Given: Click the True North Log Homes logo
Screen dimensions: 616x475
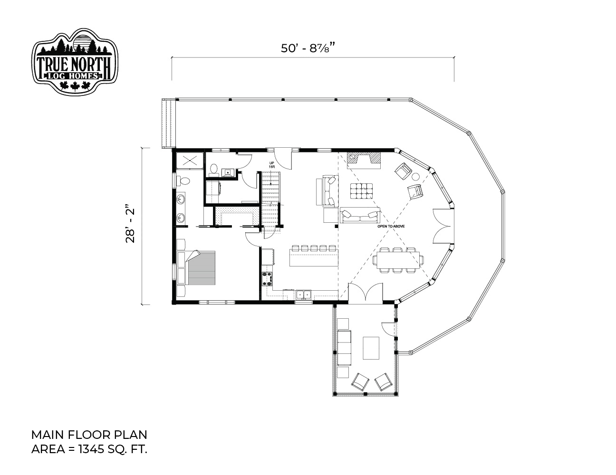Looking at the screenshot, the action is pyautogui.click(x=75, y=61).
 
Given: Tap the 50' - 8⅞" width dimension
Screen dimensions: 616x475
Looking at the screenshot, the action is pyautogui.click(x=308, y=48).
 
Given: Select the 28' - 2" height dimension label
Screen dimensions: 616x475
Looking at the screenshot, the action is pyautogui.click(x=130, y=226).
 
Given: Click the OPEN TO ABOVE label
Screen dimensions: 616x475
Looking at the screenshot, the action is pyautogui.click(x=391, y=226).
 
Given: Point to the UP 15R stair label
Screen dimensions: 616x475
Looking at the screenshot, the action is pyautogui.click(x=271, y=165).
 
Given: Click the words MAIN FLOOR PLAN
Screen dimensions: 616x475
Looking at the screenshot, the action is pyautogui.click(x=89, y=435).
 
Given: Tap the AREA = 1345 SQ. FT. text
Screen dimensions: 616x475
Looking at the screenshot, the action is pyautogui.click(x=89, y=449).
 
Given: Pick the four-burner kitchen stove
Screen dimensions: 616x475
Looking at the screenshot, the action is pyautogui.click(x=267, y=279).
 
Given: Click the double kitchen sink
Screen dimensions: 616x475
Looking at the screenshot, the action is pyautogui.click(x=304, y=295).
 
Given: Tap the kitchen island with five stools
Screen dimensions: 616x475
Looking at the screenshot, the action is pyautogui.click(x=314, y=256).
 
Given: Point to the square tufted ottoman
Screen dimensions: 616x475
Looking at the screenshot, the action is pyautogui.click(x=361, y=191).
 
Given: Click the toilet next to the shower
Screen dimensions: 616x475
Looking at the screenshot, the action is pyautogui.click(x=183, y=180).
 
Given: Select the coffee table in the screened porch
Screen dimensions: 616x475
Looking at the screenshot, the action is pyautogui.click(x=371, y=348).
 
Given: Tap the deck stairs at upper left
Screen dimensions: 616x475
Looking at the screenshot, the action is pyautogui.click(x=167, y=123).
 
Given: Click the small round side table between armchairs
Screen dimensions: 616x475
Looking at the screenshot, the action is pyautogui.click(x=415, y=177).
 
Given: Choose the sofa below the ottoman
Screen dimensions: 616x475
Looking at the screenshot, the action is pyautogui.click(x=360, y=215).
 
